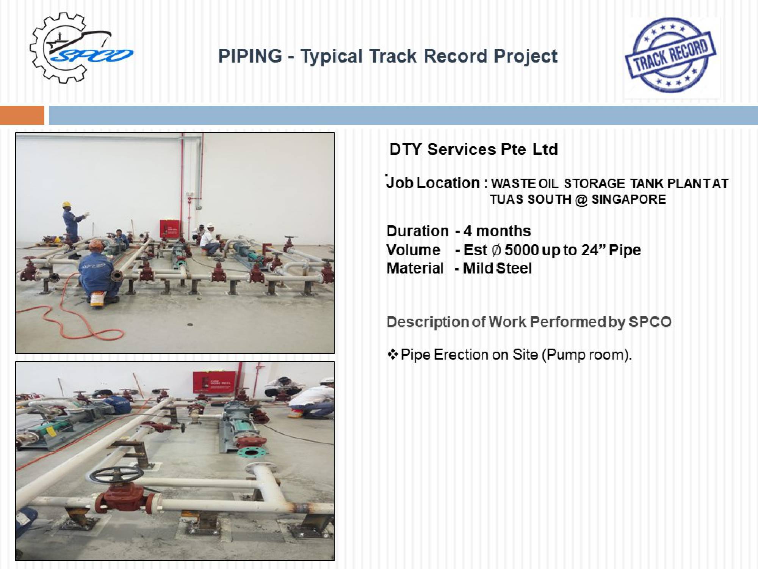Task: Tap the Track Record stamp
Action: (x=670, y=55)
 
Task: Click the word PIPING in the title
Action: (x=250, y=56)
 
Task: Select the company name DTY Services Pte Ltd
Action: (x=474, y=149)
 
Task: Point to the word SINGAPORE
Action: (x=629, y=199)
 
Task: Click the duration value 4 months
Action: (x=497, y=231)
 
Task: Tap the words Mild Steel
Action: (x=497, y=268)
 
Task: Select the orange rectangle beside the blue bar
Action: (x=22, y=115)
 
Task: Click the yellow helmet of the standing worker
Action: (x=67, y=204)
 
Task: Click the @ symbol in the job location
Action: (x=581, y=200)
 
